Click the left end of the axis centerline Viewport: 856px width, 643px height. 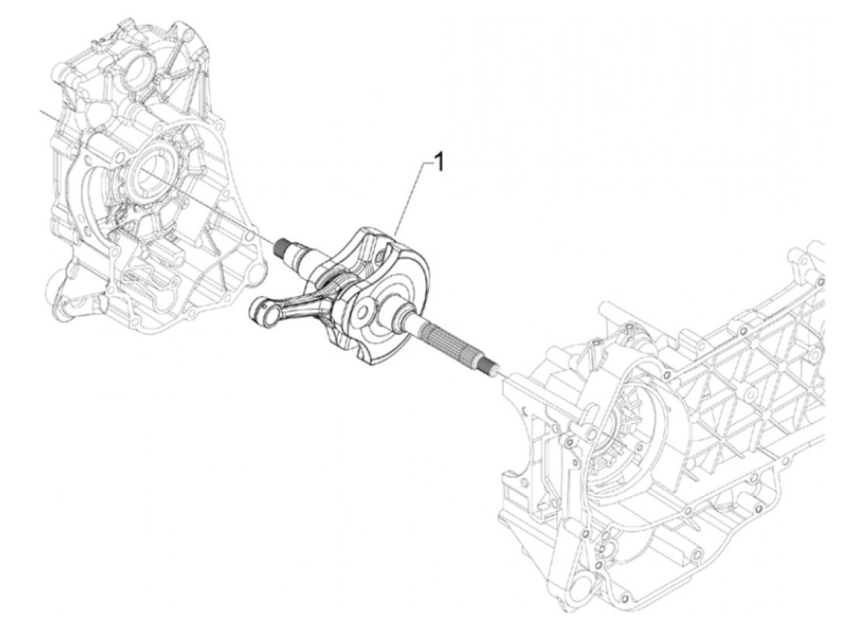point(42,112)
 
